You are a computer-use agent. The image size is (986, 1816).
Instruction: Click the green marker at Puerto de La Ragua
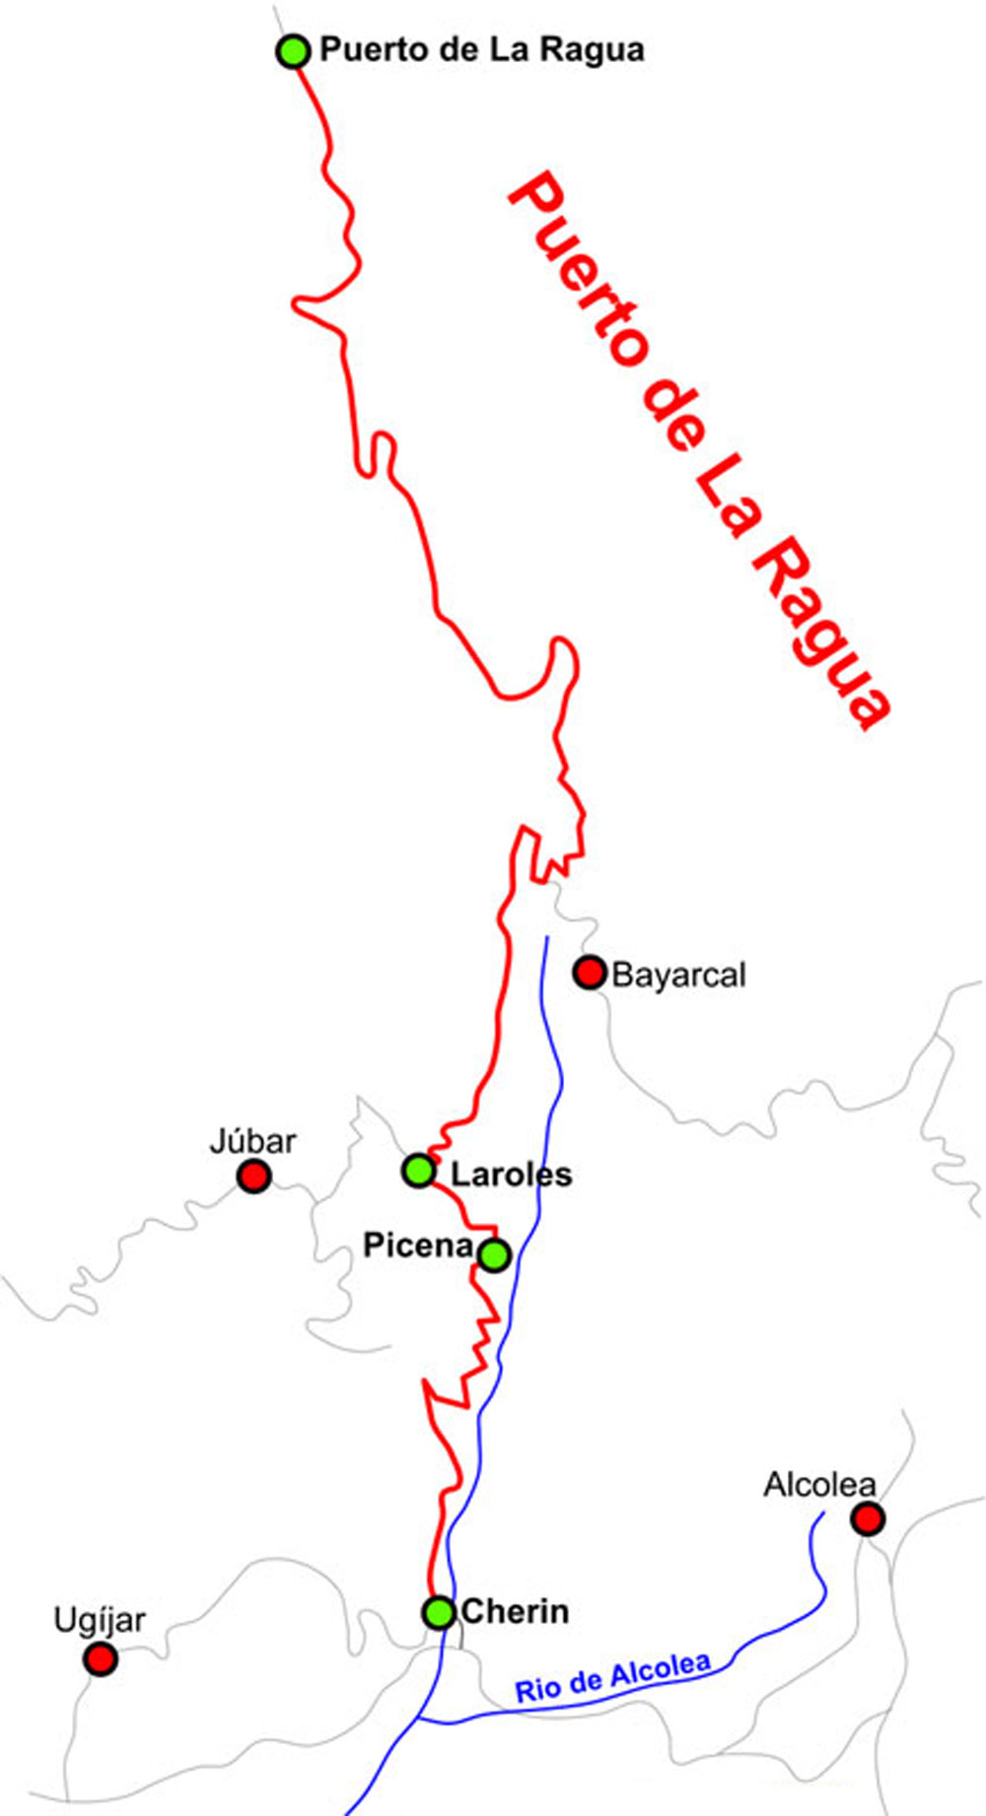point(293,50)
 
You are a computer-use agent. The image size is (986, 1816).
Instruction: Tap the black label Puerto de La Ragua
point(482,50)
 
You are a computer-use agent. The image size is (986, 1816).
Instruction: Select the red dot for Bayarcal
point(590,973)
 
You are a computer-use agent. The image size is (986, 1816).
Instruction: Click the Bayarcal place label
point(678,975)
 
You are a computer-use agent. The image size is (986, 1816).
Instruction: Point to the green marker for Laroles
point(418,1171)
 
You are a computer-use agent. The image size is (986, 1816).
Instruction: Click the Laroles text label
point(511,1175)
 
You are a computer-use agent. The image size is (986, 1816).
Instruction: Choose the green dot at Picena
point(494,1254)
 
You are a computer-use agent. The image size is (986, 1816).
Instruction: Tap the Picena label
point(418,1245)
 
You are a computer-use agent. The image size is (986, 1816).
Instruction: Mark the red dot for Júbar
point(253,1176)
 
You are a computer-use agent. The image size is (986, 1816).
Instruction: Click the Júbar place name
point(252,1142)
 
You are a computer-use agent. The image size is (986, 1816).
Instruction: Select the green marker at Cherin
point(438,1612)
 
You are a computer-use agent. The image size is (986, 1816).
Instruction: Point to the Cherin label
point(515,1612)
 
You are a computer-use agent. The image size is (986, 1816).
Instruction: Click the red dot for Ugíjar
point(100,1659)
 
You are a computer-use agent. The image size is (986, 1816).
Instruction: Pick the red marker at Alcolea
point(867,1519)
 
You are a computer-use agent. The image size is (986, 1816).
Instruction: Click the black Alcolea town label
point(819,1485)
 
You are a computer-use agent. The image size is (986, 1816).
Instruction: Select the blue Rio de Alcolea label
point(612,1678)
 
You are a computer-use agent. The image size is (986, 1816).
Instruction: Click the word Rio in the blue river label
point(532,1690)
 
